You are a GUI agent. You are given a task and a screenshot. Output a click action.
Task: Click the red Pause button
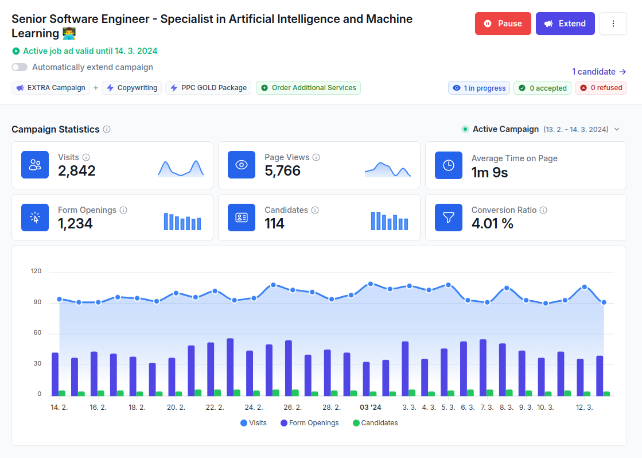tap(503, 24)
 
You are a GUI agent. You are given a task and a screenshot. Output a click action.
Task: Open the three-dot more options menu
tap(613, 24)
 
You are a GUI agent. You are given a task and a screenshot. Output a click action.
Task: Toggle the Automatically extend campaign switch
tap(20, 67)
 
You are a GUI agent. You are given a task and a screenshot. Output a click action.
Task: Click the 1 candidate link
tap(598, 72)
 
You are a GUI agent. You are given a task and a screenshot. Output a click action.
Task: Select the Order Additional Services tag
tap(308, 88)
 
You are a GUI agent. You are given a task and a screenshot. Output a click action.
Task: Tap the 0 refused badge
tap(601, 88)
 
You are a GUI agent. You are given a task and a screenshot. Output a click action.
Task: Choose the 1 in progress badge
tap(479, 88)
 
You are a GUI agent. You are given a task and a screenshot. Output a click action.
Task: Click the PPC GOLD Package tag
tap(208, 88)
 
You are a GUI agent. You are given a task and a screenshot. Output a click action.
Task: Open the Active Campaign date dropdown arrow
tap(617, 129)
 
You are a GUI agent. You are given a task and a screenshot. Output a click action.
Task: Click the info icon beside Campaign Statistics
tap(107, 129)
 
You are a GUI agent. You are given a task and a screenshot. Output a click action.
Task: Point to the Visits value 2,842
tap(77, 170)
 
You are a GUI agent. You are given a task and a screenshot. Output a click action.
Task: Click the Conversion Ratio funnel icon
tap(448, 218)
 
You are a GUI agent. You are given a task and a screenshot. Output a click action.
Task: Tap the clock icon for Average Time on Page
tap(448, 165)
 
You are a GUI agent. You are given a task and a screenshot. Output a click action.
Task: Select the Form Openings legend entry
tap(309, 423)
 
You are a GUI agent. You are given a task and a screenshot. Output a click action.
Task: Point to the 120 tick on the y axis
tap(36, 271)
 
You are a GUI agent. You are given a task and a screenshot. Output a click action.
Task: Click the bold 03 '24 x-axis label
tap(370, 407)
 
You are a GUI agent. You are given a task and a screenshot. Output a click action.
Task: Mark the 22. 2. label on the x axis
tap(215, 407)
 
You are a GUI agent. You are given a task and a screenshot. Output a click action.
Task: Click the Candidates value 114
tap(274, 223)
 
